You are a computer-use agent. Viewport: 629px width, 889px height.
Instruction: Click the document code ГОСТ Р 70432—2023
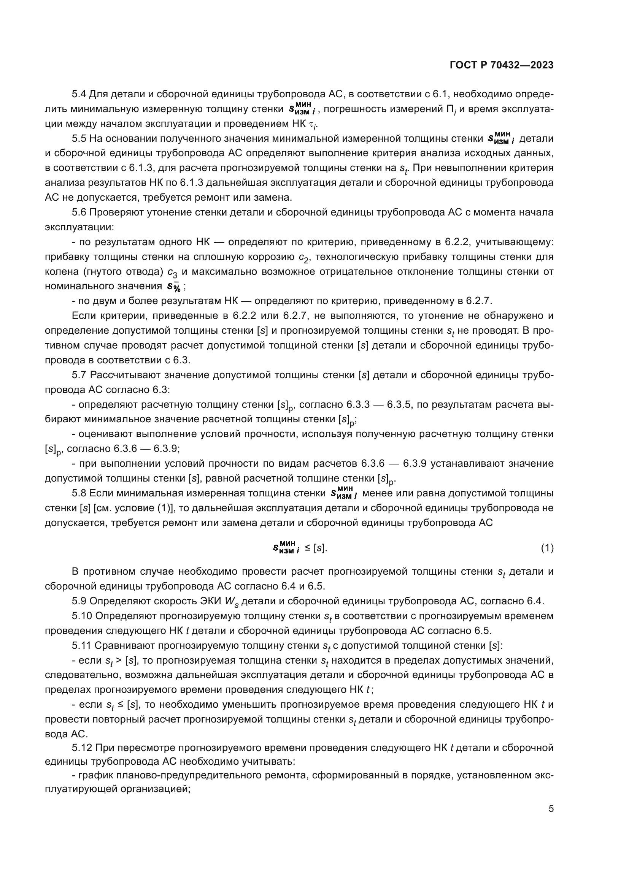(502, 65)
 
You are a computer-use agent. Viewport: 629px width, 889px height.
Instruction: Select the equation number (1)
(547, 548)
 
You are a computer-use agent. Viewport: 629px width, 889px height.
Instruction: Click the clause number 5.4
(79, 95)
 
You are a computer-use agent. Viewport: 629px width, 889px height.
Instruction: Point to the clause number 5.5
(79, 139)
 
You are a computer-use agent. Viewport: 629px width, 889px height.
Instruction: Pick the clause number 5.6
(79, 212)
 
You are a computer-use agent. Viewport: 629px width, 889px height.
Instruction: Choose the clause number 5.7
(79, 375)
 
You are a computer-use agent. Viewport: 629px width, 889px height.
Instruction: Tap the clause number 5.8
(79, 493)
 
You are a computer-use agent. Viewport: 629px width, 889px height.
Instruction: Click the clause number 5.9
(79, 601)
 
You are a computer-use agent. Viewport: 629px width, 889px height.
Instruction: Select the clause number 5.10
(82, 616)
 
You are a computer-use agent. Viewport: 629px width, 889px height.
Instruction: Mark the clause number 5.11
(82, 645)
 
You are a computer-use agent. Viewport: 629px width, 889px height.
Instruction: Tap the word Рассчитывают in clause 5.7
(125, 375)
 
